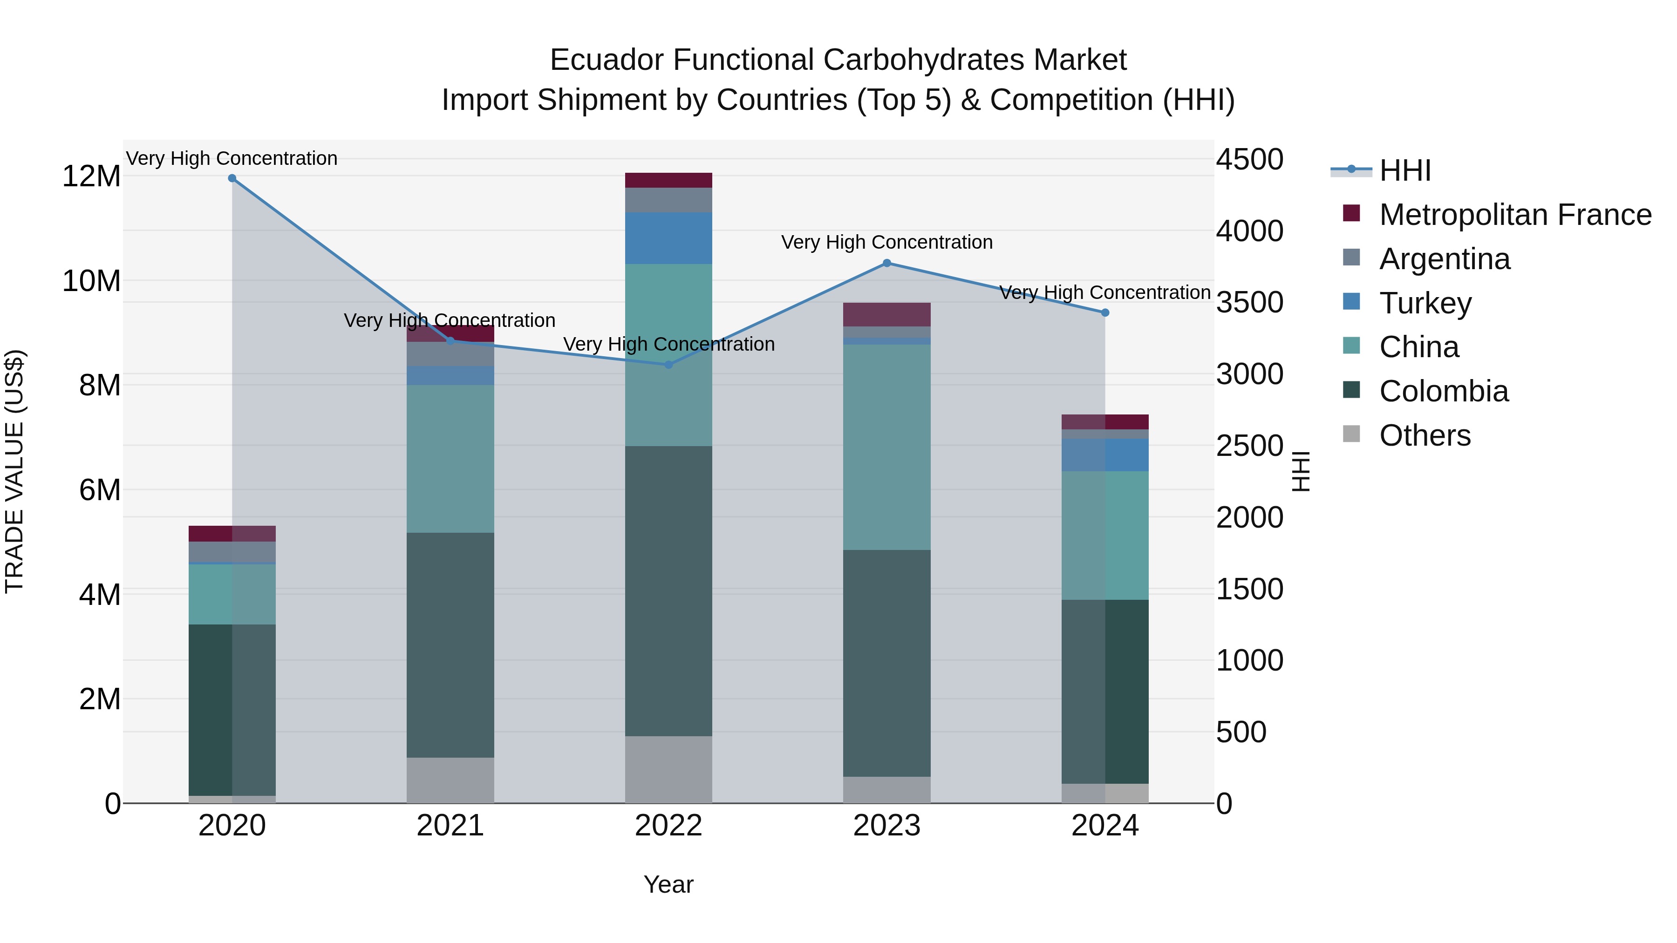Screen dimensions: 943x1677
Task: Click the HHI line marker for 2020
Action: click(x=232, y=178)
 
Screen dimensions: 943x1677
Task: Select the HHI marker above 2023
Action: click(x=886, y=264)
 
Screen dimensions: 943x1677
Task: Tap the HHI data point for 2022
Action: click(x=668, y=365)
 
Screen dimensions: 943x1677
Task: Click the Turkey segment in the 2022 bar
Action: click(x=668, y=238)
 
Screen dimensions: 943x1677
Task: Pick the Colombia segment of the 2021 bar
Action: click(x=450, y=644)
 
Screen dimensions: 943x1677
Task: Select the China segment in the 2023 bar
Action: click(x=886, y=447)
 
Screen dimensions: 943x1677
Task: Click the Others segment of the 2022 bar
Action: click(x=668, y=769)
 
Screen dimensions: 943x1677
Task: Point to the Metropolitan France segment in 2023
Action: click(x=886, y=314)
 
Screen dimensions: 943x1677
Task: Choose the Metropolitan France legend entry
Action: click(x=1514, y=215)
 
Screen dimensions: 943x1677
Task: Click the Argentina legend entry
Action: click(x=1444, y=259)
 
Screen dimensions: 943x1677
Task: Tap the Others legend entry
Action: click(x=1425, y=435)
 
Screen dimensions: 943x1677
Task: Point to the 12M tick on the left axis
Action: click(x=91, y=176)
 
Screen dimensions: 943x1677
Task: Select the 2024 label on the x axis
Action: click(x=1105, y=826)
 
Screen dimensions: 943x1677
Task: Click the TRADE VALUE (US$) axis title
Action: click(x=14, y=471)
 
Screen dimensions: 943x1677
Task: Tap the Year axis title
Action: click(x=668, y=884)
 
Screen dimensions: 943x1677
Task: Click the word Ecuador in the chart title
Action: click(x=606, y=60)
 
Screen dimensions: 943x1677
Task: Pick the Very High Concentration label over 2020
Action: click(x=232, y=158)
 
